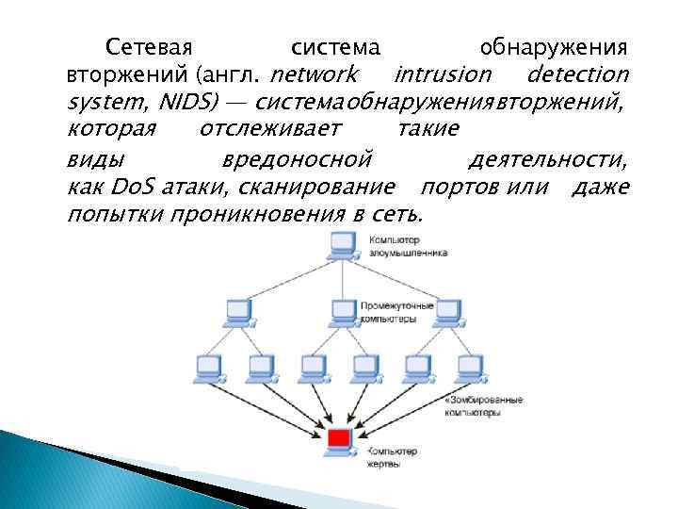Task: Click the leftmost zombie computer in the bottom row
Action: click(206, 367)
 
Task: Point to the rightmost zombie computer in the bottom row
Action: click(466, 367)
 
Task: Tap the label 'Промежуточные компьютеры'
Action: click(396, 313)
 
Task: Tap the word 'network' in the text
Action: click(315, 74)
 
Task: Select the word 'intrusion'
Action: click(444, 74)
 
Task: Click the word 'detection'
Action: click(578, 74)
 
